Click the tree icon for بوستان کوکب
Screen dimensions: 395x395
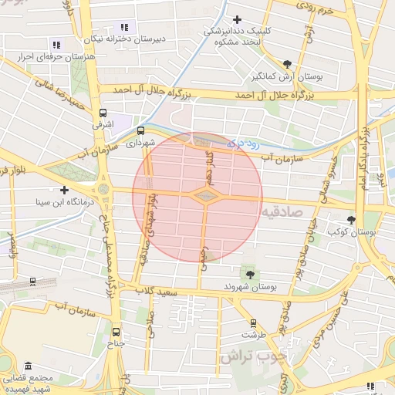click(352, 220)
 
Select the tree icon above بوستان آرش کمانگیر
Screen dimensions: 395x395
click(287, 64)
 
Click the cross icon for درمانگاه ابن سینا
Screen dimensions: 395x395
click(64, 190)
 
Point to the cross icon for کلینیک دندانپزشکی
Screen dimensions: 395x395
click(237, 19)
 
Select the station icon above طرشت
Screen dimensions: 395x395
click(252, 323)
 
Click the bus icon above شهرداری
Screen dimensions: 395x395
click(140, 130)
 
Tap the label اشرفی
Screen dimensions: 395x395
click(103, 123)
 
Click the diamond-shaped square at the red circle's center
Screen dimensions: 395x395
click(204, 197)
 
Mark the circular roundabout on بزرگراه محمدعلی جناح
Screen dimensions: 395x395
click(103, 189)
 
